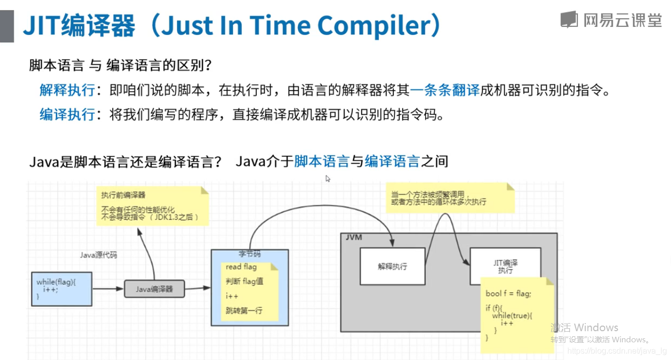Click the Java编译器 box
click(x=154, y=289)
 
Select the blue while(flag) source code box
click(x=62, y=289)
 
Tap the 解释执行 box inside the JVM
click(x=392, y=266)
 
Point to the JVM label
click(x=354, y=238)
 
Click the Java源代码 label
click(x=98, y=255)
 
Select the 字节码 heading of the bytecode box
click(x=249, y=254)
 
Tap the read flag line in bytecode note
click(x=241, y=266)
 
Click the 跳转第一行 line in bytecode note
click(x=244, y=310)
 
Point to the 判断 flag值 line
click(x=244, y=281)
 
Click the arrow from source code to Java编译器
click(x=108, y=289)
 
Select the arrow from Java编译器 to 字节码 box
click(x=198, y=288)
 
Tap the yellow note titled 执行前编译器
click(x=153, y=206)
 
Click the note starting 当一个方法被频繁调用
click(x=450, y=198)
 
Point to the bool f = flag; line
click(x=508, y=293)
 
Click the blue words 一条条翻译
click(x=444, y=90)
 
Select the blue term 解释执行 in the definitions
click(x=67, y=90)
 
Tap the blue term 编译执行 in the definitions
click(x=67, y=114)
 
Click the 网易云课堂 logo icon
click(x=569, y=20)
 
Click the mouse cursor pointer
click(x=328, y=178)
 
